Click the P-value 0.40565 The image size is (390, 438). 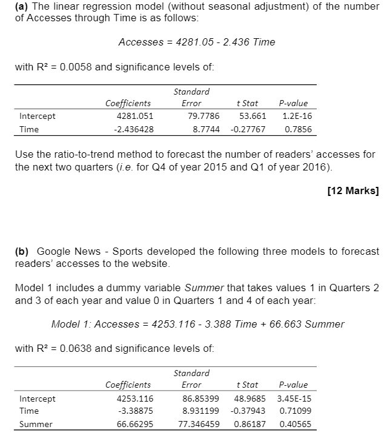[292, 424]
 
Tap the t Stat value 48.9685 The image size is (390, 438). [248, 399]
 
